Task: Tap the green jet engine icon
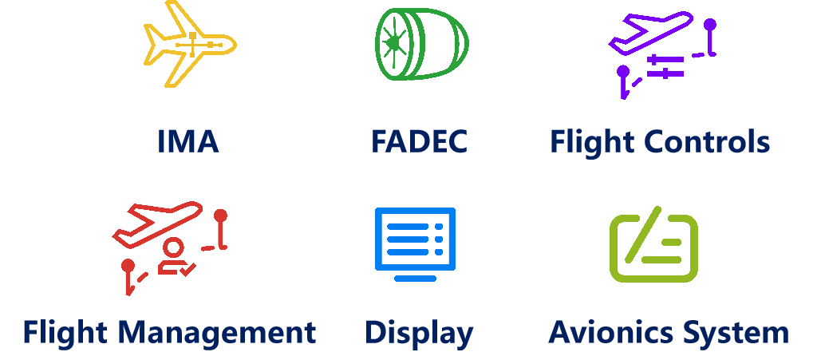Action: click(x=420, y=43)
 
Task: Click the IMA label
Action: click(x=188, y=142)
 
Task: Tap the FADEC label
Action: click(x=419, y=142)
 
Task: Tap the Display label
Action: click(x=419, y=332)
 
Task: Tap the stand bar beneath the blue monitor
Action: click(x=415, y=279)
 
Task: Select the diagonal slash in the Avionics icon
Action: click(x=643, y=235)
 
